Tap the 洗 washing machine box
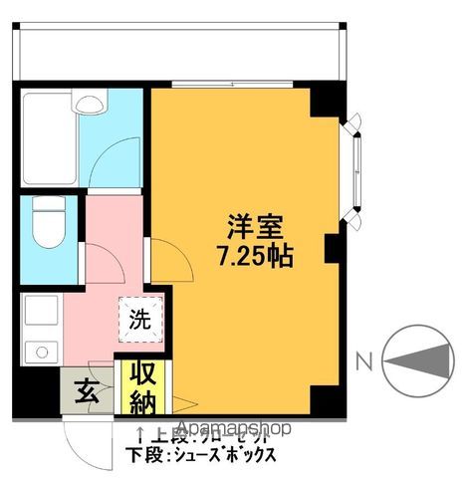pyautogui.click(x=138, y=320)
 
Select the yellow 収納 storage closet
pyautogui.click(x=140, y=387)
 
